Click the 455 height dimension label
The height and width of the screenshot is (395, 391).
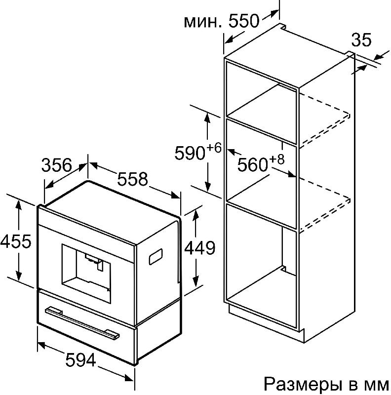pyautogui.click(x=16, y=241)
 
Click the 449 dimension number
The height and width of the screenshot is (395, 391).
pyautogui.click(x=200, y=248)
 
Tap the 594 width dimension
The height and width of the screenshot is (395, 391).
pyautogui.click(x=80, y=360)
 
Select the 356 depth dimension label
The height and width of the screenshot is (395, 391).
pyautogui.click(x=57, y=165)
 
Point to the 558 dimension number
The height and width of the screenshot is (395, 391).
pyautogui.click(x=132, y=179)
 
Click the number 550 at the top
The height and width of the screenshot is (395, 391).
pyautogui.click(x=243, y=21)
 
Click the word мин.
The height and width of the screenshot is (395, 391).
pyautogui.click(x=203, y=22)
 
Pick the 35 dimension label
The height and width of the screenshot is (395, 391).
pyautogui.click(x=361, y=40)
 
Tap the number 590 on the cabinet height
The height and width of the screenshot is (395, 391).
pyautogui.click(x=190, y=153)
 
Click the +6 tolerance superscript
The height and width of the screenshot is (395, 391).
pyautogui.click(x=214, y=147)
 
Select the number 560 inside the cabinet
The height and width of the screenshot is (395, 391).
pyautogui.click(x=252, y=165)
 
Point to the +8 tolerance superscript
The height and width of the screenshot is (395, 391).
pyautogui.click(x=277, y=159)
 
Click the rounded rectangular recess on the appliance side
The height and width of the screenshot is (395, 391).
pyautogui.click(x=156, y=257)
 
